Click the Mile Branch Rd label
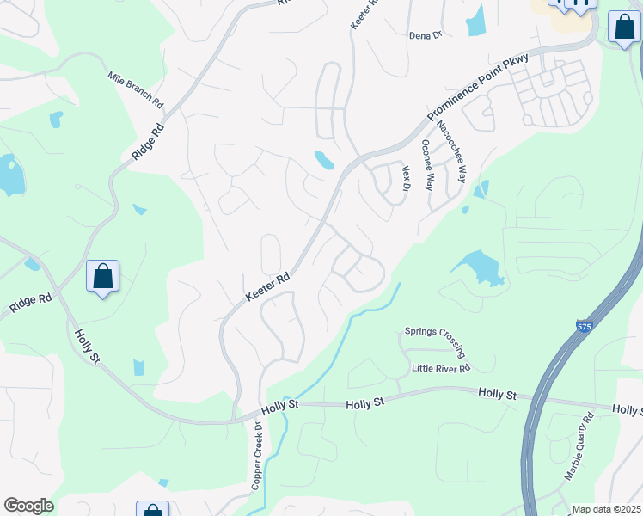pos(135,89)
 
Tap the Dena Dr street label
pos(425,35)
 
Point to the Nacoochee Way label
pos(450,151)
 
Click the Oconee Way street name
pos(428,163)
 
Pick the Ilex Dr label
pos(407,179)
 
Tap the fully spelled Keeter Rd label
pos(269,288)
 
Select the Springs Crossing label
pos(435,341)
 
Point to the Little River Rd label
pos(441,369)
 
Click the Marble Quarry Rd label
pos(579,447)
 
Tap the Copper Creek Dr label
pos(256,456)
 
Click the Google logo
pos(28,506)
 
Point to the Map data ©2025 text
pos(606,509)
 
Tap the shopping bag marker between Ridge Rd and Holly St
pos(102,277)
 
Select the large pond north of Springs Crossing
pos(477,267)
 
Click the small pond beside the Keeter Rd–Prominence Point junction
pos(324,160)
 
